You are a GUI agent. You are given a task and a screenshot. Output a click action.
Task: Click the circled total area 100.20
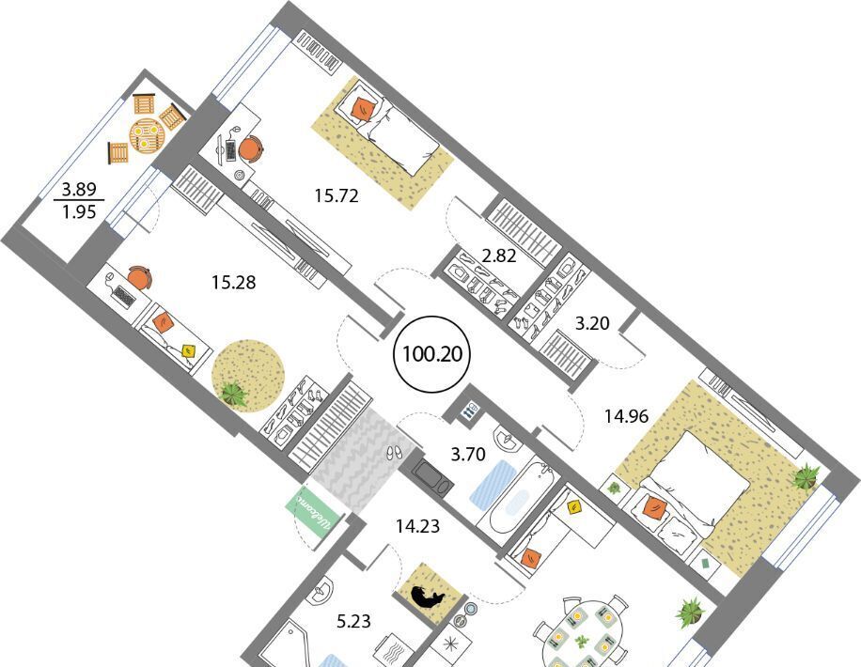click(x=432, y=354)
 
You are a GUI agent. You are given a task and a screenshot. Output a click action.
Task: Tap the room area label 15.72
click(x=337, y=195)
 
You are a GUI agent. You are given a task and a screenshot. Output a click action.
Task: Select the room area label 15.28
click(x=234, y=283)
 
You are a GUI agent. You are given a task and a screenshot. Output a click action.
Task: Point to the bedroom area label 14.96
click(x=627, y=416)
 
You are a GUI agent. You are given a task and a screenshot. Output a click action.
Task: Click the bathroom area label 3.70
click(x=468, y=454)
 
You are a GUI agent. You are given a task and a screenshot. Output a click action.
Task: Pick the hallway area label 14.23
click(x=418, y=526)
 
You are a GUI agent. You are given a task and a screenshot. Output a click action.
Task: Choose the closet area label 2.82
click(x=498, y=256)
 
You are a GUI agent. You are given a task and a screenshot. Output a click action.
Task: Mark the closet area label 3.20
click(x=592, y=323)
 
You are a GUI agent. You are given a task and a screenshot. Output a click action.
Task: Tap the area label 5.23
click(x=353, y=621)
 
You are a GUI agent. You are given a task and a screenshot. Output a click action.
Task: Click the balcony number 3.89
click(x=79, y=190)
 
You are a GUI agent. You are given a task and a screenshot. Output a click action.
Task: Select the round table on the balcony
click(x=146, y=135)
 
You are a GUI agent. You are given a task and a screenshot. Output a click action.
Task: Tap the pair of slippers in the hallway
click(x=393, y=453)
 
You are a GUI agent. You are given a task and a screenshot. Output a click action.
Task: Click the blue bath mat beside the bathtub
click(x=492, y=483)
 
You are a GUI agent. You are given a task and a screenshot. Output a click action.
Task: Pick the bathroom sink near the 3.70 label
click(x=507, y=438)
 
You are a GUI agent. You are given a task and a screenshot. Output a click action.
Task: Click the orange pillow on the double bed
click(x=653, y=506)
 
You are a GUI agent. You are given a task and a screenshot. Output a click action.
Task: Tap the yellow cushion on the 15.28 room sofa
click(x=190, y=349)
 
